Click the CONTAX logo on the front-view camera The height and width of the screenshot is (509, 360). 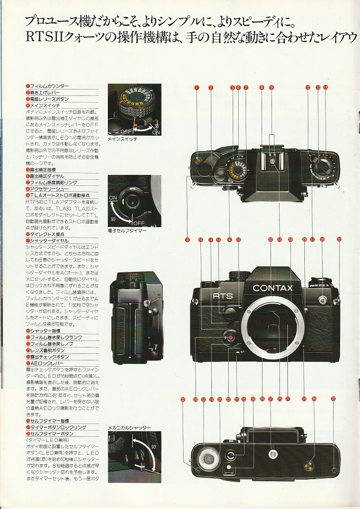(x=272, y=288)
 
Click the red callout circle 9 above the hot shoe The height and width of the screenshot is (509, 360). (x=271, y=87)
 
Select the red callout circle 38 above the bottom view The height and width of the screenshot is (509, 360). (x=314, y=399)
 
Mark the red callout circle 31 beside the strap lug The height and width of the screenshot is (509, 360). (x=339, y=239)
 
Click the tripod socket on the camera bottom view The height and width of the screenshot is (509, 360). (x=271, y=453)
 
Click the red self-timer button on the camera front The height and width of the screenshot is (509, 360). (x=230, y=337)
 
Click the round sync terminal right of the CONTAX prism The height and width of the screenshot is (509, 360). (x=322, y=300)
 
